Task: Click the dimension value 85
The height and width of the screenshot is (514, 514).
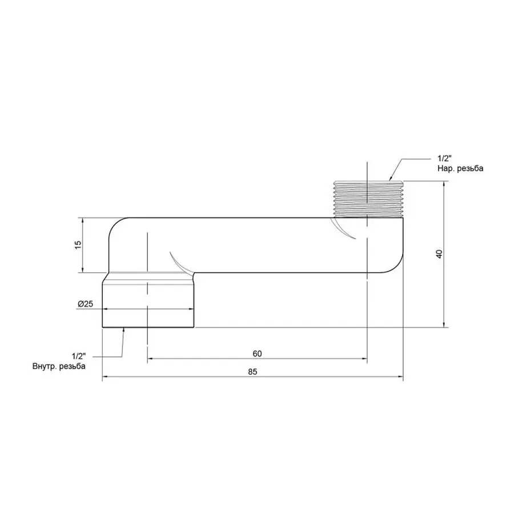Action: point(253,371)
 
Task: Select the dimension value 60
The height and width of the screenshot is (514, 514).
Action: point(256,353)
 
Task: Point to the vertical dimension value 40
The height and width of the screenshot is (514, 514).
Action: point(439,254)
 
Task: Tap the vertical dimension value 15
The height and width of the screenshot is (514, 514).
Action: point(78,244)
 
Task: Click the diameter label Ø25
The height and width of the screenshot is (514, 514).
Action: point(86,303)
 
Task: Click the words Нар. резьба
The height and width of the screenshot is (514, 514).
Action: point(460,168)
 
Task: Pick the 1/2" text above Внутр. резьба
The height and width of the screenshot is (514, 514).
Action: point(79,356)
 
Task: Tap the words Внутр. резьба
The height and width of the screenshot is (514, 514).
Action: point(59,366)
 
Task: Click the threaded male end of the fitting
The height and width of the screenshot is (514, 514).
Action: point(368,199)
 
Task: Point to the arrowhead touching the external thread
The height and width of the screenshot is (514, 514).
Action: point(391,179)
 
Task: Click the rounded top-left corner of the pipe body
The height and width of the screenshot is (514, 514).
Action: point(116,226)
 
